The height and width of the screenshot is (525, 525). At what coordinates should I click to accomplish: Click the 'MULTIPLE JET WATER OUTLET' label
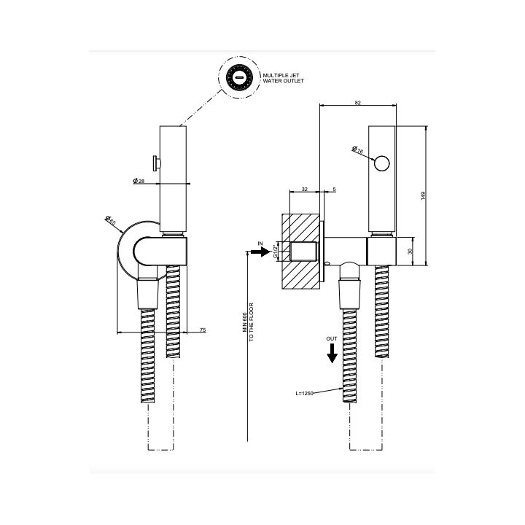tap(283, 78)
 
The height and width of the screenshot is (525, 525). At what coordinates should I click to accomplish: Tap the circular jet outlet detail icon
tap(239, 78)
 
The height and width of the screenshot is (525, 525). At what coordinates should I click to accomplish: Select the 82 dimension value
tap(358, 103)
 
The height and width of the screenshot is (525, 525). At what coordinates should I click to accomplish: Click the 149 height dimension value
tap(423, 196)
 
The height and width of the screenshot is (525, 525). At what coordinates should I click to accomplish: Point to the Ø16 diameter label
tap(357, 149)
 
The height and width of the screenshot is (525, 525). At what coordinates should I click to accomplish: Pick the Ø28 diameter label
tap(139, 181)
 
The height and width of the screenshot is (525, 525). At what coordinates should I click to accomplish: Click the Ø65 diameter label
tap(110, 221)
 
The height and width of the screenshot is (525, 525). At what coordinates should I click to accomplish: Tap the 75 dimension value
tap(203, 330)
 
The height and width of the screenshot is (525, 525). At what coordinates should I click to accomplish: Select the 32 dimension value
tap(304, 189)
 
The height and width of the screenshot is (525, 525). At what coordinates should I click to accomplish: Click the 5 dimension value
tap(334, 189)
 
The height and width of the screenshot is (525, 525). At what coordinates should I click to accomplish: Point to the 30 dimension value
tap(410, 251)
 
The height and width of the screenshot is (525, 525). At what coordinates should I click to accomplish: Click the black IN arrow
tap(260, 252)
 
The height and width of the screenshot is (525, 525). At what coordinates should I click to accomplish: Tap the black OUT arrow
tap(332, 354)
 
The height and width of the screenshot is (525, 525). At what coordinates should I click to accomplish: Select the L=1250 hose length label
tap(304, 394)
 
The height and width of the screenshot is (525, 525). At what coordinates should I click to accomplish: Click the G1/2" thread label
tap(276, 251)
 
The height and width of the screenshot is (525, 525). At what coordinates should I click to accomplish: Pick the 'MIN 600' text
tap(245, 322)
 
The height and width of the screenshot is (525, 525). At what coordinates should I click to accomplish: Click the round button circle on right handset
tap(382, 163)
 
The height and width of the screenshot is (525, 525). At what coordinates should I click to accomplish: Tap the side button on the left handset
tap(157, 163)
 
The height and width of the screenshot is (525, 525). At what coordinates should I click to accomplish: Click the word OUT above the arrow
tap(332, 339)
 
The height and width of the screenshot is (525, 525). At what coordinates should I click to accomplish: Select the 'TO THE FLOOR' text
tap(251, 322)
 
